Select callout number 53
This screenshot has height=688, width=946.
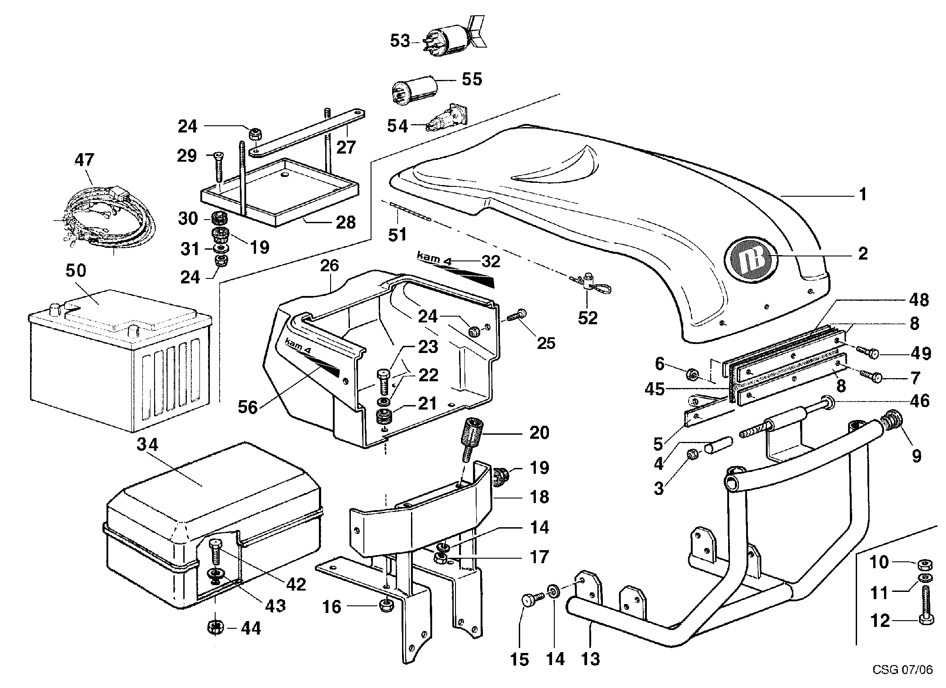[400, 41]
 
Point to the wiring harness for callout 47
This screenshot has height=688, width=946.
[108, 216]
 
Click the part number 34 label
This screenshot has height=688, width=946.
[148, 445]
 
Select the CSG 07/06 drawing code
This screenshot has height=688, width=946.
[903, 670]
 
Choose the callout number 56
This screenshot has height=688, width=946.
[248, 407]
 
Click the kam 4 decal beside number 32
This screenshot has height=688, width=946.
[434, 257]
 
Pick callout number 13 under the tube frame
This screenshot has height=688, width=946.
[590, 659]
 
